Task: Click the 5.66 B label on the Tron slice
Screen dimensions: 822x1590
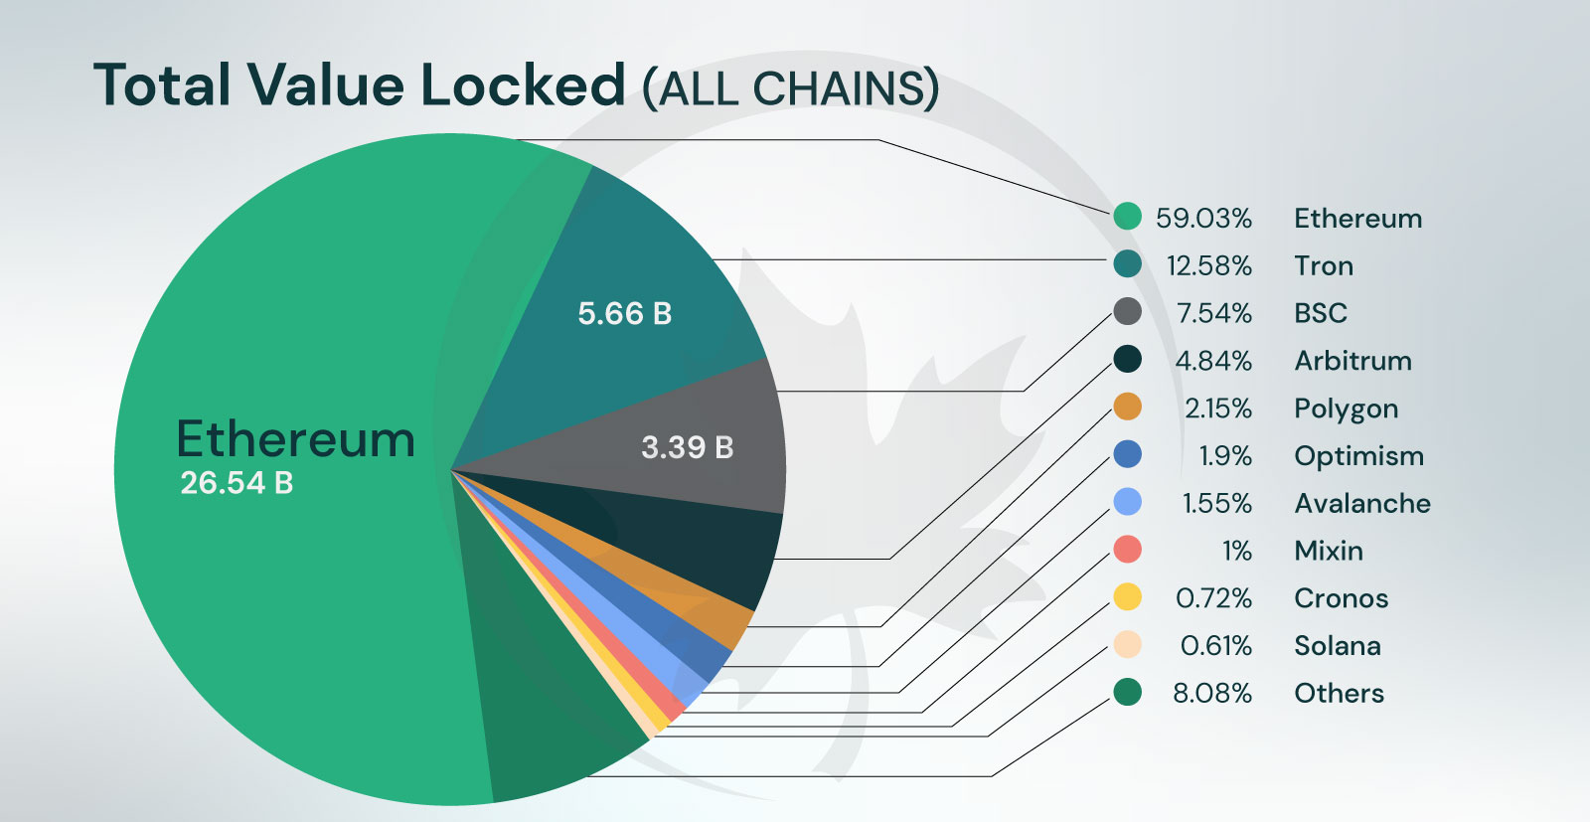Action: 625,314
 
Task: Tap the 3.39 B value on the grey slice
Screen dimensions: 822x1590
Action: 687,447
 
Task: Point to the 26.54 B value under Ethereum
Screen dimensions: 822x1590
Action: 237,483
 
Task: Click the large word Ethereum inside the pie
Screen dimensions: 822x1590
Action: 295,438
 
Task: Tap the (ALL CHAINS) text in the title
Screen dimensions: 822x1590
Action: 790,88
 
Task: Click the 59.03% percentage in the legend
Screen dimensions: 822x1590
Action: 1203,219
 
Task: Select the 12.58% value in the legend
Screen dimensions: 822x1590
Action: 1208,266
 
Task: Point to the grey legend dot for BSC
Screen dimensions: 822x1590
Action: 1127,311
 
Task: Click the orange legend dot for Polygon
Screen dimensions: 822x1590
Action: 1127,407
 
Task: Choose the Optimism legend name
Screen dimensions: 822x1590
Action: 1358,456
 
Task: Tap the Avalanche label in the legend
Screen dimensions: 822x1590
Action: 1361,504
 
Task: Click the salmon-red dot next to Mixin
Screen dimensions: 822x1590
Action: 1127,549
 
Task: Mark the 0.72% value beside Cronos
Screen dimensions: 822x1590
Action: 1213,598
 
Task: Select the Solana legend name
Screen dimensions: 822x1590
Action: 1337,646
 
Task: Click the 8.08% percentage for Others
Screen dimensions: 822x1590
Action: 1211,694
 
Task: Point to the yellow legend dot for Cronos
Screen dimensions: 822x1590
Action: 1127,596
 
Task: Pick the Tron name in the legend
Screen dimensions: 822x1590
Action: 1323,266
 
